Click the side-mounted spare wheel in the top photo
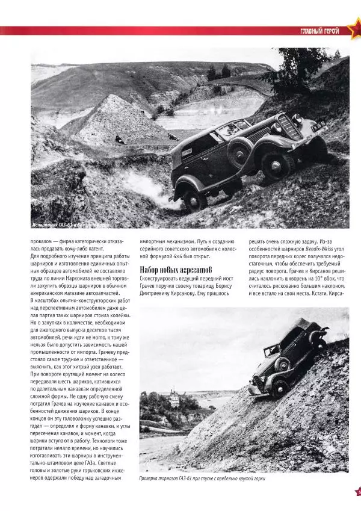click(x=239, y=155)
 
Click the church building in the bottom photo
click(x=174, y=398)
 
